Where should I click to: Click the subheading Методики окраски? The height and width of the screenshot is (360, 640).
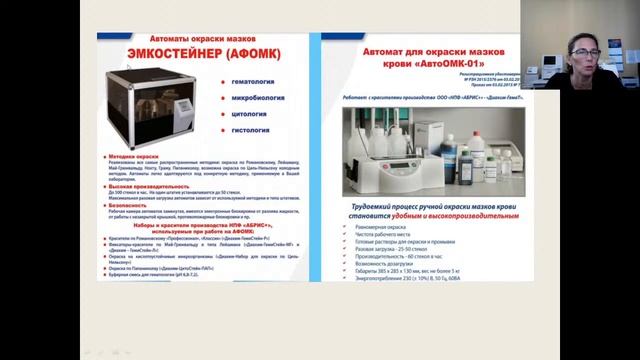pos(140,158)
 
